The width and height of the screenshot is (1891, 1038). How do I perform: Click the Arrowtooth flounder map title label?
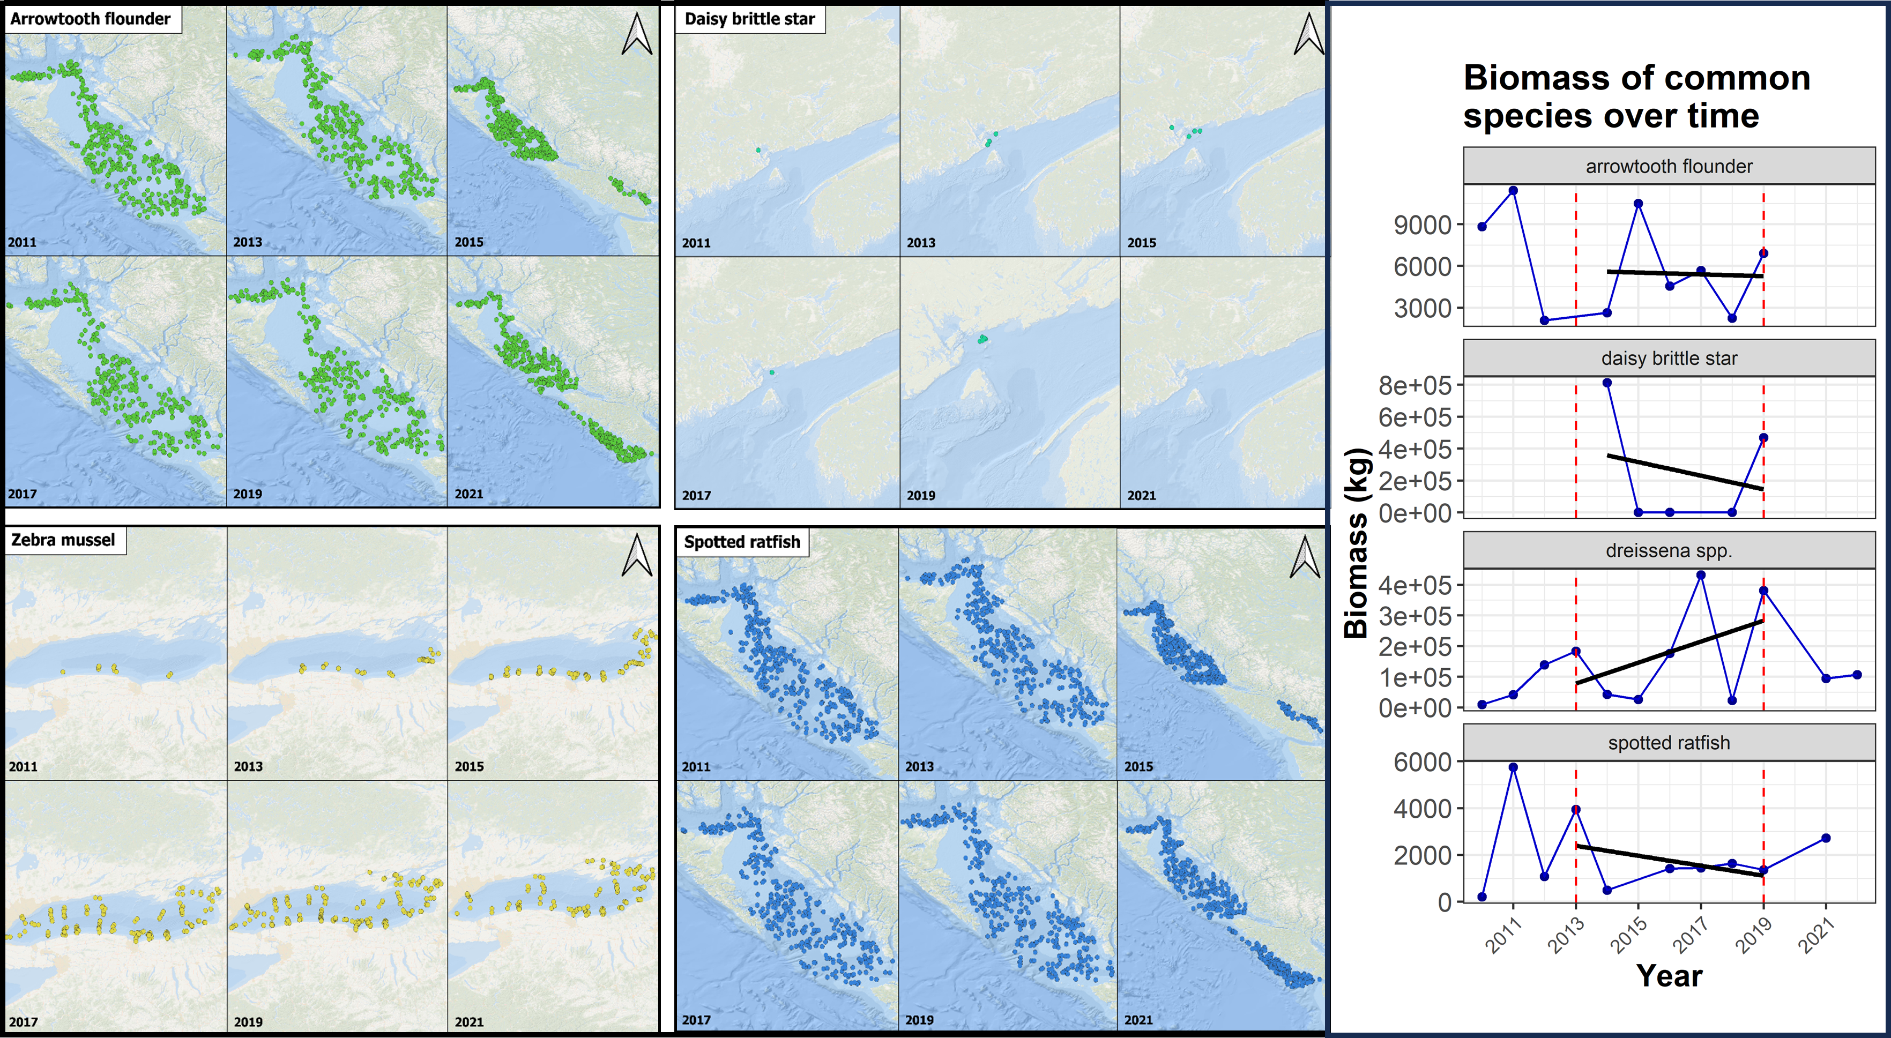click(x=90, y=19)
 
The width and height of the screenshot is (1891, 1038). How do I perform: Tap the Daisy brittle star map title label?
click(x=749, y=19)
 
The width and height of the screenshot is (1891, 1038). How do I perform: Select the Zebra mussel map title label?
click(x=63, y=540)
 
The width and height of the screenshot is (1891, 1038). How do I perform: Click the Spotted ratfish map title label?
click(x=742, y=542)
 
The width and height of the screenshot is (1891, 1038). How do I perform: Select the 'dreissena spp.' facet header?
click(x=1669, y=550)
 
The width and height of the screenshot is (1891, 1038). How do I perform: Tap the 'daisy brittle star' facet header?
click(x=1669, y=358)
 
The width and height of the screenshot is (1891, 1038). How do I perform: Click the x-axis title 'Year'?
click(x=1669, y=976)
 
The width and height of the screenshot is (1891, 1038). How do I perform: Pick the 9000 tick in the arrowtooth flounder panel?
click(x=1422, y=225)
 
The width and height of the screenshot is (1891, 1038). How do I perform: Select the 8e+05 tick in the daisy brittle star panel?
click(x=1414, y=385)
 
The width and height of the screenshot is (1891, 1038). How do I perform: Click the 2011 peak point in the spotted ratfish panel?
click(x=1513, y=767)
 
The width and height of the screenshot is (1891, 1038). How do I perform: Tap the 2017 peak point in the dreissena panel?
click(x=1701, y=576)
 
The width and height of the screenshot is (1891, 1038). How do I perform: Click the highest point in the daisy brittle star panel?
click(x=1607, y=383)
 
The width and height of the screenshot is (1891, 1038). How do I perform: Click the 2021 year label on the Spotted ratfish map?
click(x=1138, y=1020)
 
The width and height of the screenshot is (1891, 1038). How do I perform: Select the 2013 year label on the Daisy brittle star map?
click(x=920, y=243)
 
